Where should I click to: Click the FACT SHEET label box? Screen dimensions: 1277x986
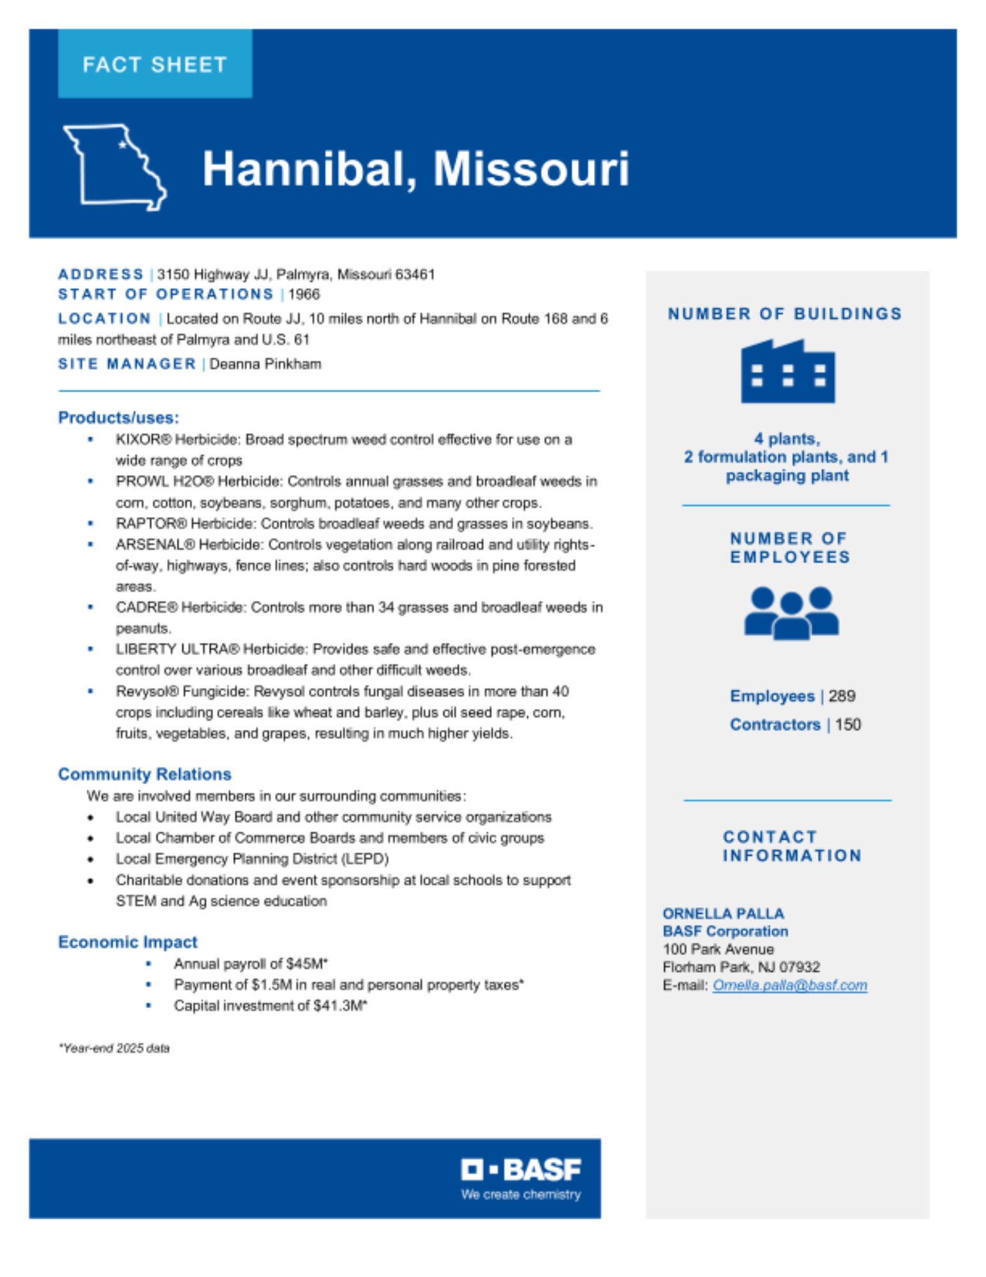click(154, 64)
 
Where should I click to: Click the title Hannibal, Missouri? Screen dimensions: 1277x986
click(415, 169)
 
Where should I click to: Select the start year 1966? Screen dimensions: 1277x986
click(304, 294)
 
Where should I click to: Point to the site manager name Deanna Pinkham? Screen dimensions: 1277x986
click(265, 364)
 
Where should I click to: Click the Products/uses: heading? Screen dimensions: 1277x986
click(118, 418)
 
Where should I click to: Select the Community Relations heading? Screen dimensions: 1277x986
click(144, 774)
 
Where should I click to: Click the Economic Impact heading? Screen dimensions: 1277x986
click(128, 942)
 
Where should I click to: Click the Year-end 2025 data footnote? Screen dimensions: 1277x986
click(114, 1048)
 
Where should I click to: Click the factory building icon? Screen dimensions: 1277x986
click(788, 372)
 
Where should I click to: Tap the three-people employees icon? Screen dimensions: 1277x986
click(791, 613)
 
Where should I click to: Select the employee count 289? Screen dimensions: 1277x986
click(842, 696)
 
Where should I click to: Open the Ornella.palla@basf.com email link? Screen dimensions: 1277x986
click(789, 985)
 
